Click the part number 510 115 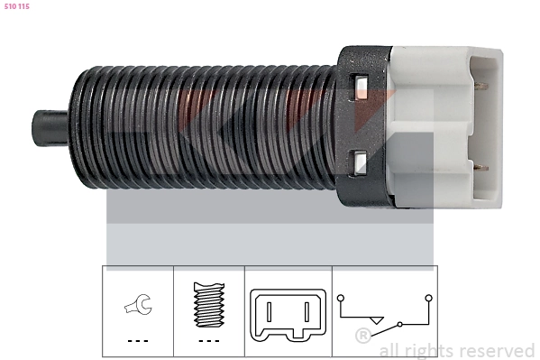coord(16,6)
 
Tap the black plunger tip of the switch coord(50,128)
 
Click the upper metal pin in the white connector coord(481,87)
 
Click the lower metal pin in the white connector coord(481,169)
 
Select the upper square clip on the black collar coord(359,87)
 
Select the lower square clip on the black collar coord(359,162)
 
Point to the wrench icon coord(139,304)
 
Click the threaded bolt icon coord(209,305)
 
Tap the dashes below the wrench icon coord(138,341)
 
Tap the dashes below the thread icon coord(209,341)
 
